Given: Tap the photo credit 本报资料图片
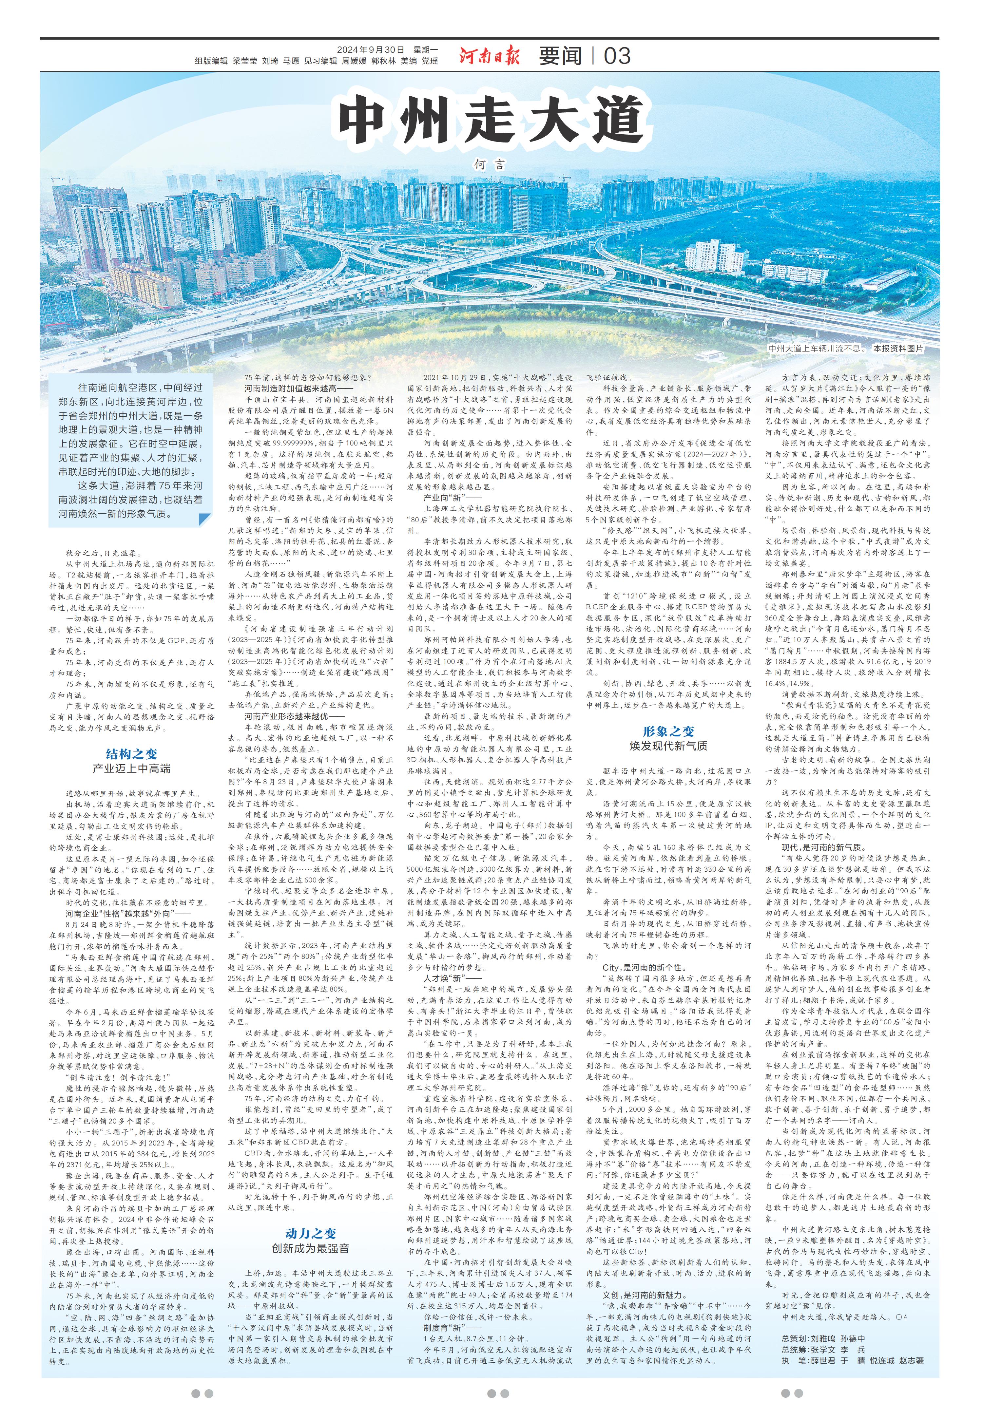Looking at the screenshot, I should click(898, 349).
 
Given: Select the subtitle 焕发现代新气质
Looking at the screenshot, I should click(668, 746).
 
